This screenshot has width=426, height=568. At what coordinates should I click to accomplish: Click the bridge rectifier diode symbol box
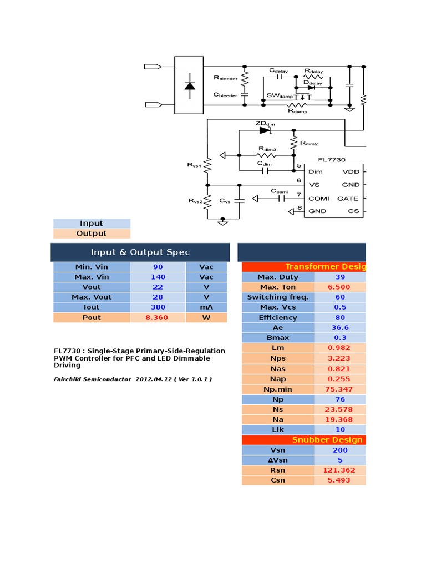click(189, 86)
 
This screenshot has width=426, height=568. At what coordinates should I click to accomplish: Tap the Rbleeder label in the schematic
click(225, 79)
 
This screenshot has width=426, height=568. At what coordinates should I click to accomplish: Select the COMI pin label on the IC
click(319, 198)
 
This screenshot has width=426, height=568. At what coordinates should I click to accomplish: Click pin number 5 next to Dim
click(299, 166)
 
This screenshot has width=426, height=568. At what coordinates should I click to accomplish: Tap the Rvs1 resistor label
click(195, 165)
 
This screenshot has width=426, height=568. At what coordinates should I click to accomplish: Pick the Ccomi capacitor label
click(280, 191)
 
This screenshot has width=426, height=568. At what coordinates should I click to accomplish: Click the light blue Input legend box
click(92, 223)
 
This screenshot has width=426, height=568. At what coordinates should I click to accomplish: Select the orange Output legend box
click(92, 234)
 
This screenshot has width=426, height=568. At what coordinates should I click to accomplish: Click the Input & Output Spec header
click(140, 252)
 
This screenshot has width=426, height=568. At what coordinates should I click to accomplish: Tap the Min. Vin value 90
click(158, 267)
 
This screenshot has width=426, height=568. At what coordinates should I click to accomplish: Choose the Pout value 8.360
click(158, 317)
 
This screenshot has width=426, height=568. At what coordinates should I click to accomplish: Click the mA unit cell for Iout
click(206, 307)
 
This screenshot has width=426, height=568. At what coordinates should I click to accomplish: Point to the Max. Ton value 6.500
click(339, 287)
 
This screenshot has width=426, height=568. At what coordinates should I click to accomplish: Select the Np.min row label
click(278, 389)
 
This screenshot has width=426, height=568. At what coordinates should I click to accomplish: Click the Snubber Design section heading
click(327, 440)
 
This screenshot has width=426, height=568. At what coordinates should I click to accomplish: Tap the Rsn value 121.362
click(339, 470)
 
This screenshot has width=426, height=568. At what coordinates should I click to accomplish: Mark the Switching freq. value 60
click(339, 297)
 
